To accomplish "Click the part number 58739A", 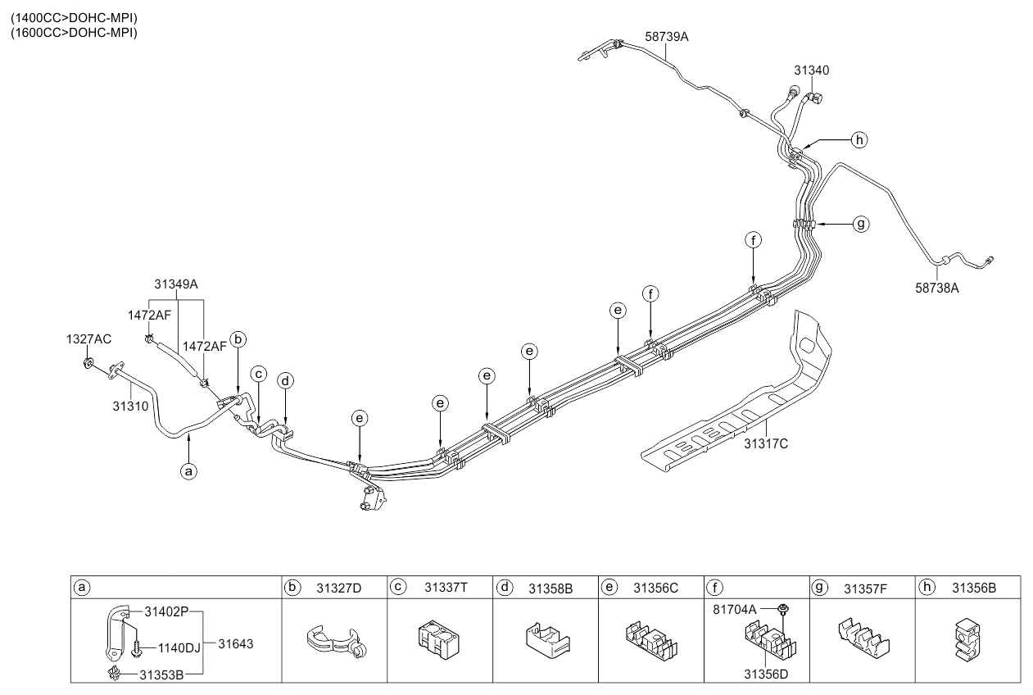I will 667,37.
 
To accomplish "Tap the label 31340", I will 811,70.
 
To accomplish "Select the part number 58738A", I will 937,287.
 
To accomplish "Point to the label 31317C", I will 766,444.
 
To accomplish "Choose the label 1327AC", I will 88,338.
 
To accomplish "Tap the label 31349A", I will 176,284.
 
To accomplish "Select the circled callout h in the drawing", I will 859,140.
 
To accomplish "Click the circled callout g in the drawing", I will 859,223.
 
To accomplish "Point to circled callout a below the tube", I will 189,471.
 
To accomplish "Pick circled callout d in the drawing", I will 285,380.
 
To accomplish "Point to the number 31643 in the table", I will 236,644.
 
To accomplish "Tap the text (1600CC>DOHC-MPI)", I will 74,33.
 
